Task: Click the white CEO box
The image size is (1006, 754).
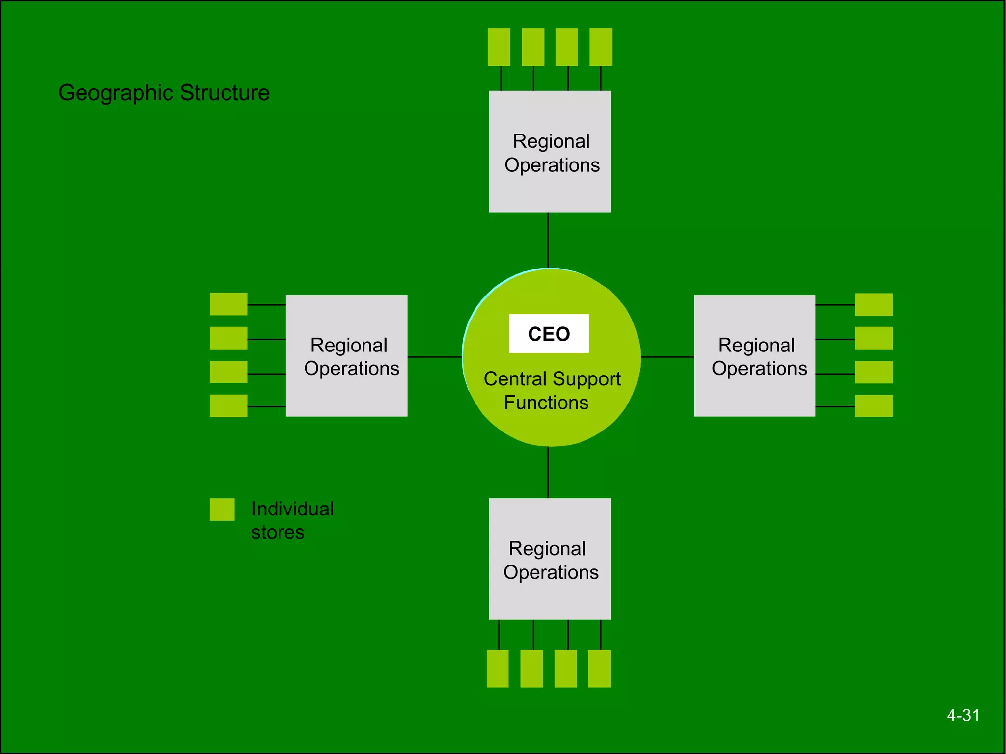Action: [x=549, y=334]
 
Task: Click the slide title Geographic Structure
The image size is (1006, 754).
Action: [x=164, y=93]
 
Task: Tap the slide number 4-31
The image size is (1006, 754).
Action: [x=963, y=715]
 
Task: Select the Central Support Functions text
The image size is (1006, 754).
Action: [x=552, y=391]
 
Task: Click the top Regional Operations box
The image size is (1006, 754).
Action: [x=550, y=152]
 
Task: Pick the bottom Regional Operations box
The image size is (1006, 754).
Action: [x=550, y=559]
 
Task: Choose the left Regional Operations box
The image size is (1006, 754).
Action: [x=346, y=356]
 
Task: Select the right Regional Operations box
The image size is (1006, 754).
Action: [x=754, y=356]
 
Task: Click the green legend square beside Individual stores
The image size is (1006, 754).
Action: [x=222, y=510]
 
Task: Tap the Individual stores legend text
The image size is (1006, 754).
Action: [x=292, y=520]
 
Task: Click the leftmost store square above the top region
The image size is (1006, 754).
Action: [x=499, y=47]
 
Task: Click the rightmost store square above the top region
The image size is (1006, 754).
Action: [x=600, y=47]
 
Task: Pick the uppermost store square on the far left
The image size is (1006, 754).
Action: [x=228, y=304]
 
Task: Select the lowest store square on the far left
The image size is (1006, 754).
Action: [x=228, y=406]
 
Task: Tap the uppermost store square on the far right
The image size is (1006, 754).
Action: [x=873, y=304]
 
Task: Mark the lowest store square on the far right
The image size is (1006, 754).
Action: [x=873, y=406]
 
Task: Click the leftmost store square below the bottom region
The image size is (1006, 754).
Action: [x=498, y=669]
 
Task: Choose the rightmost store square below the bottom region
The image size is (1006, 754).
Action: [x=599, y=669]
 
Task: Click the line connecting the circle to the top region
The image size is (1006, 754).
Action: [x=548, y=241]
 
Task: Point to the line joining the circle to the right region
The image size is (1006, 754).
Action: [x=667, y=357]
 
